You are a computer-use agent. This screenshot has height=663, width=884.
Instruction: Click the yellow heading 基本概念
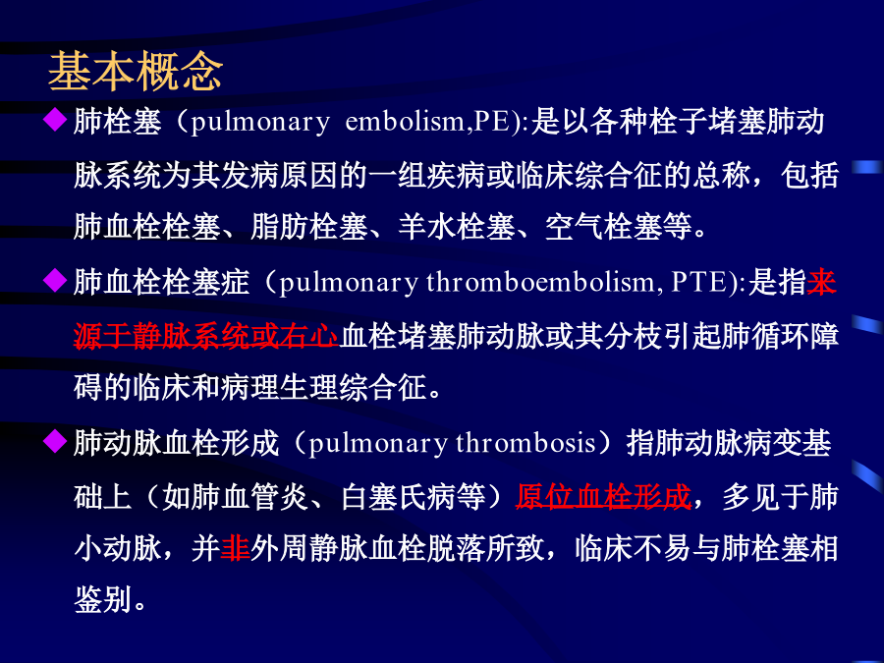[x=136, y=72]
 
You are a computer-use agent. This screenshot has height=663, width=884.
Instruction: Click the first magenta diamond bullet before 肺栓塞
[x=55, y=120]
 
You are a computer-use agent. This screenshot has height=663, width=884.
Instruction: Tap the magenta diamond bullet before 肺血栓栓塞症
[x=55, y=280]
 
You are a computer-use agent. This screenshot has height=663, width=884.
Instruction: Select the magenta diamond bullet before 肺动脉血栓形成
[x=55, y=441]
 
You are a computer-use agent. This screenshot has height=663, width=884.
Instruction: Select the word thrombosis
[x=525, y=443]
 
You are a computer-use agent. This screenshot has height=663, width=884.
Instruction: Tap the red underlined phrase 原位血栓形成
[x=603, y=497]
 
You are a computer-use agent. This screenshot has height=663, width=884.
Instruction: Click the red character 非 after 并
[x=235, y=548]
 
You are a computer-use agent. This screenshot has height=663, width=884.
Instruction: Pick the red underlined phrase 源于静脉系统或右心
[x=206, y=336]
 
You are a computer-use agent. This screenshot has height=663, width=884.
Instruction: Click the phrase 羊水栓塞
[x=457, y=227]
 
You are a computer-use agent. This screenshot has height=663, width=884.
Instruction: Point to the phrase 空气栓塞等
[x=619, y=227]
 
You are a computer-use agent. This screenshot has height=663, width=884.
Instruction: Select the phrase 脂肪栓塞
[x=309, y=227]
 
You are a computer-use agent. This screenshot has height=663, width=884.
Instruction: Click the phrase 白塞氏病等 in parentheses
[x=414, y=497]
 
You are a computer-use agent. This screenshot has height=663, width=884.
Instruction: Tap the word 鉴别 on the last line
[x=102, y=599]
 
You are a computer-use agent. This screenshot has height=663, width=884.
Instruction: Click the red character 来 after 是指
[x=821, y=282]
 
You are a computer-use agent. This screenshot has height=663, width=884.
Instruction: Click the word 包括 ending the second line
[x=809, y=176]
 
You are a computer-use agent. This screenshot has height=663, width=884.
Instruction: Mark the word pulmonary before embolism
[x=260, y=122]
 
